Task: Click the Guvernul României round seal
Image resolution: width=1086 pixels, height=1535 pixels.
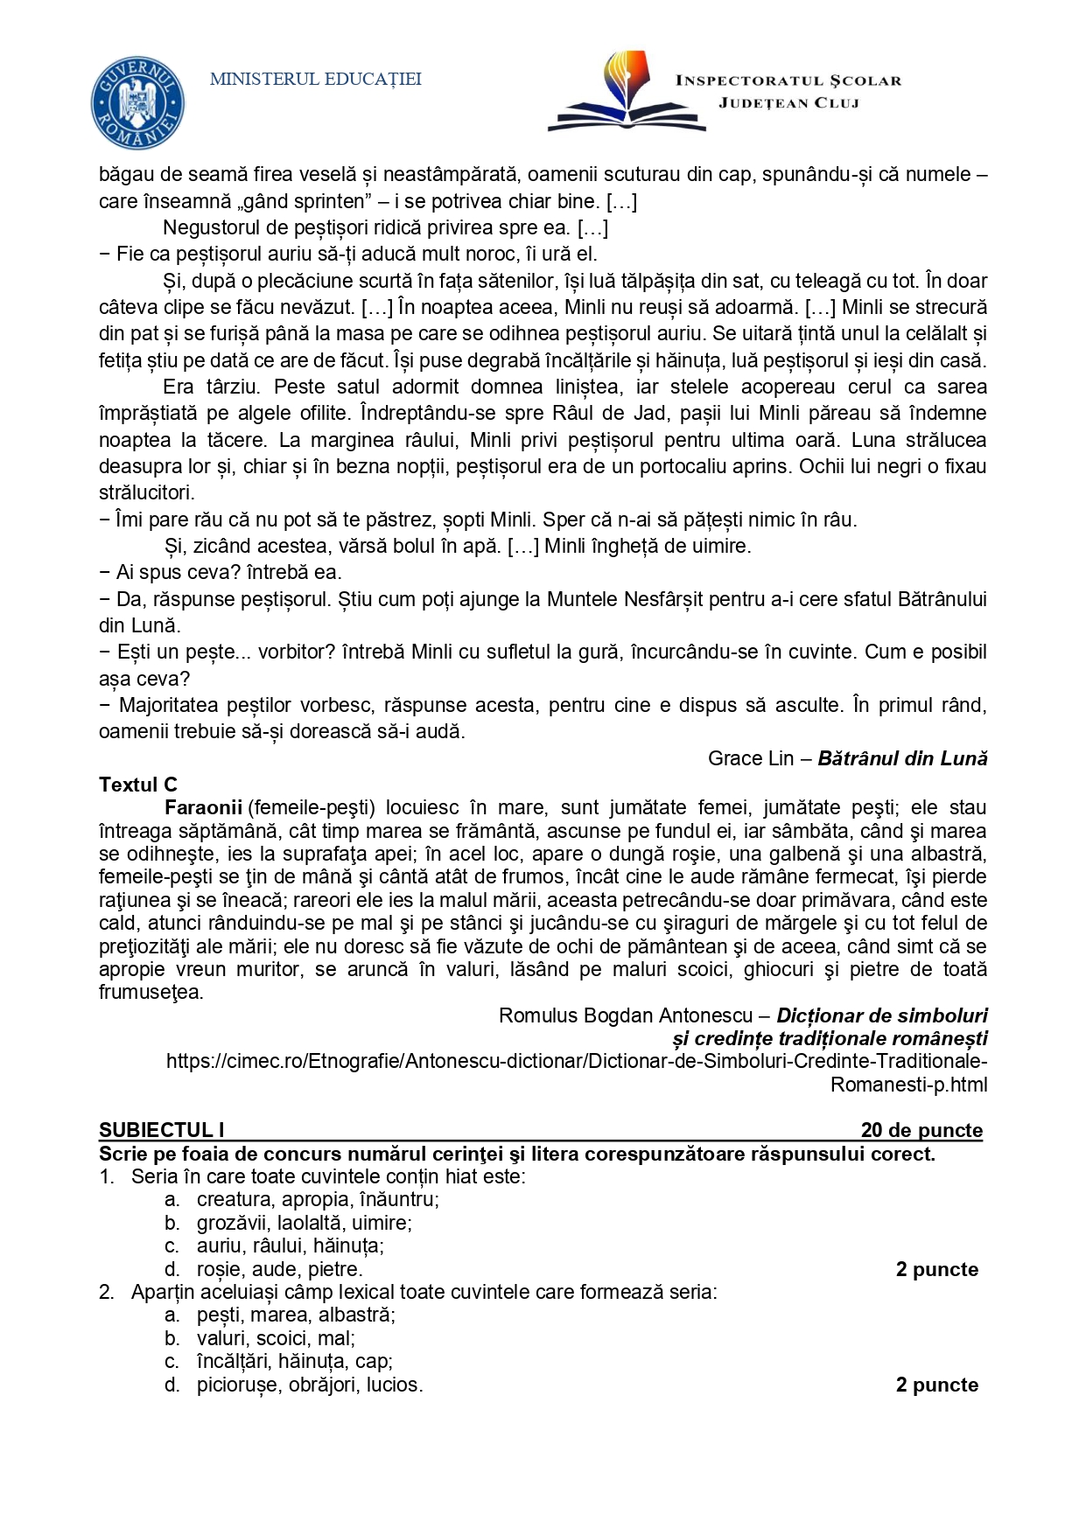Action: pyautogui.click(x=138, y=103)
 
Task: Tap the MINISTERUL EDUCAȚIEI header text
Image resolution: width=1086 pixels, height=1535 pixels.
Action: pyautogui.click(x=316, y=80)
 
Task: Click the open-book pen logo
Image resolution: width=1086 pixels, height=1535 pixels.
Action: pyautogui.click(x=627, y=92)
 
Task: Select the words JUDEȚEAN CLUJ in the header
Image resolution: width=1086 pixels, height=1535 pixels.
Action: pyautogui.click(x=788, y=103)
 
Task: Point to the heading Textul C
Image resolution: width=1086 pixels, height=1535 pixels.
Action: pyautogui.click(x=138, y=785)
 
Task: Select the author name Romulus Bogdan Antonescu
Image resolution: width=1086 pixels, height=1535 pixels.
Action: pyautogui.click(x=625, y=1015)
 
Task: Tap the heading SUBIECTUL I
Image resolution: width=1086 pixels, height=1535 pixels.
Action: pyautogui.click(x=162, y=1130)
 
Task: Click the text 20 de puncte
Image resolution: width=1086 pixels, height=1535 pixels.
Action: pyautogui.click(x=921, y=1130)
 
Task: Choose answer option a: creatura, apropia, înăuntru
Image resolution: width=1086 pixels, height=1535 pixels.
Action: pyautogui.click(x=318, y=1199)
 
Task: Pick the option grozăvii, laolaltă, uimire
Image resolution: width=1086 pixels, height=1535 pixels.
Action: pyautogui.click(x=304, y=1223)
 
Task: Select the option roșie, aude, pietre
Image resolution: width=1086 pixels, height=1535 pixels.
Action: pyautogui.click(x=279, y=1269)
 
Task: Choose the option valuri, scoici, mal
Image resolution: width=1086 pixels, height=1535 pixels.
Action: pyautogui.click(x=276, y=1338)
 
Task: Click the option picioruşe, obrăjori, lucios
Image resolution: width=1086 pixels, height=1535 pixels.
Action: pyautogui.click(x=310, y=1385)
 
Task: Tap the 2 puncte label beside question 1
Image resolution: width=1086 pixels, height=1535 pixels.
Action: pyautogui.click(x=936, y=1269)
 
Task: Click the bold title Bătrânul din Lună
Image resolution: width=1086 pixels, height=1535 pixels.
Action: pyautogui.click(x=902, y=758)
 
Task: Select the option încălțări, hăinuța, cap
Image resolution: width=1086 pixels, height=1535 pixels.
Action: pyautogui.click(x=294, y=1361)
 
